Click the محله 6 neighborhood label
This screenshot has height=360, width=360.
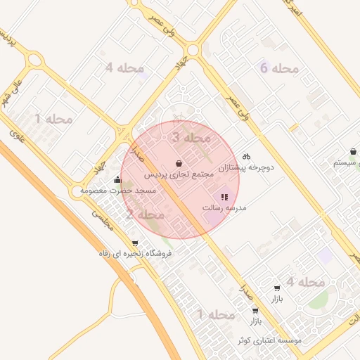[x=279, y=69]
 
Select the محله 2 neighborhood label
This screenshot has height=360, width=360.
[x=146, y=214]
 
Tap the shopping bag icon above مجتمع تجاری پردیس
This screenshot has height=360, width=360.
[x=179, y=162]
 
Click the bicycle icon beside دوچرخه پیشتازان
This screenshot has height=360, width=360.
[x=245, y=156]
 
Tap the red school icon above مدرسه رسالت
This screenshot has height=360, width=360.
[x=224, y=198]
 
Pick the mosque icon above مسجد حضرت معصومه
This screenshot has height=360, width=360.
[x=117, y=179]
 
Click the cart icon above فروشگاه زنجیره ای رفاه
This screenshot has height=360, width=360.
[x=134, y=243]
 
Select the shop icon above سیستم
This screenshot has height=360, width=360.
[x=352, y=151]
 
